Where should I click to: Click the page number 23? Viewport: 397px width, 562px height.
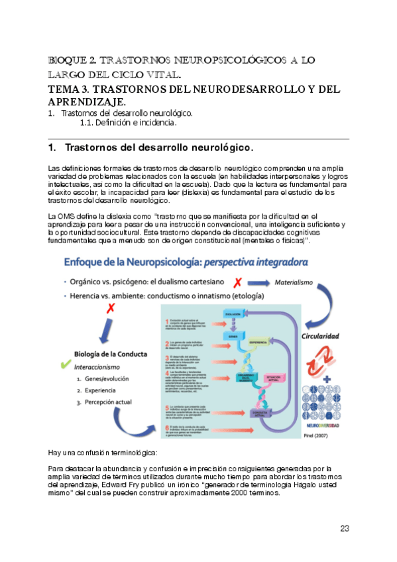pos(344,528)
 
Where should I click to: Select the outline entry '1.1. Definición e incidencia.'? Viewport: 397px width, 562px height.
pos(119,123)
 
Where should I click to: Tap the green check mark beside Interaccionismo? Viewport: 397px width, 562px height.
pos(65,365)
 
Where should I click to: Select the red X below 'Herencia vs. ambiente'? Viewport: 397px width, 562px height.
pos(111,307)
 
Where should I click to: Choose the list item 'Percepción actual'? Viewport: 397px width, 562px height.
pos(109,402)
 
